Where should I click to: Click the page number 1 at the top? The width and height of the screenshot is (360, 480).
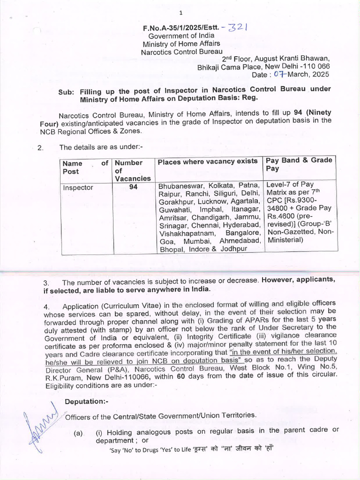click(x=180, y=12)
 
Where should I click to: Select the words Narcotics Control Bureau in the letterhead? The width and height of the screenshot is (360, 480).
click(x=182, y=52)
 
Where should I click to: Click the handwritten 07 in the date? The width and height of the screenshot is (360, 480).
click(x=279, y=74)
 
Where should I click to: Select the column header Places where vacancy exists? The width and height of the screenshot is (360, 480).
click(x=208, y=162)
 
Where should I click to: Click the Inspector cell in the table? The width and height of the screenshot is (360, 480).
click(x=78, y=188)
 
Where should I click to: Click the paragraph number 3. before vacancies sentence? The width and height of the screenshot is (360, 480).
click(x=46, y=283)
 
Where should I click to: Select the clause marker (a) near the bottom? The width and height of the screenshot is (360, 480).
click(x=78, y=434)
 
